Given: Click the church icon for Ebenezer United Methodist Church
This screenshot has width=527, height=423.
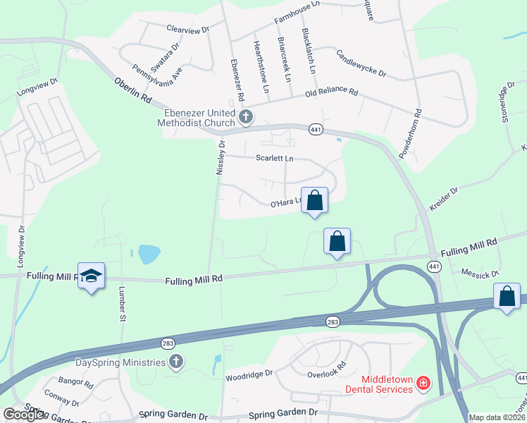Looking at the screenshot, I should (245, 117).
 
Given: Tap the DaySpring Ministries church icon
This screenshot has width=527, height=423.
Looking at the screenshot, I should (176, 362).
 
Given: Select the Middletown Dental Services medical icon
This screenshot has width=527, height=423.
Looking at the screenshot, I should (423, 384).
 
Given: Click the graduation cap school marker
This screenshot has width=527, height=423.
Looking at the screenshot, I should (91, 276).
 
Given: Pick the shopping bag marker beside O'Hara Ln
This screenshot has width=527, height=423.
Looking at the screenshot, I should (315, 200).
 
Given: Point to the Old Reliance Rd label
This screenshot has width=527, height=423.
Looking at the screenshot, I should (332, 93).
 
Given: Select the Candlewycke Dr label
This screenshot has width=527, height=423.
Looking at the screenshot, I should (361, 63).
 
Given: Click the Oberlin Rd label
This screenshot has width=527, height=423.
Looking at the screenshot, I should (133, 90).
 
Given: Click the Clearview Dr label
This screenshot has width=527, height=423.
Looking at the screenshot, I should (188, 30).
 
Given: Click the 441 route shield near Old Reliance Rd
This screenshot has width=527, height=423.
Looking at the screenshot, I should (315, 129).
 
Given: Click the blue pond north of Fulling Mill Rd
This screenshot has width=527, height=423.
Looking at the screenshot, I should (149, 254).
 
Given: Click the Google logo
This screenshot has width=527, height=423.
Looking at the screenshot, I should (24, 415).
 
